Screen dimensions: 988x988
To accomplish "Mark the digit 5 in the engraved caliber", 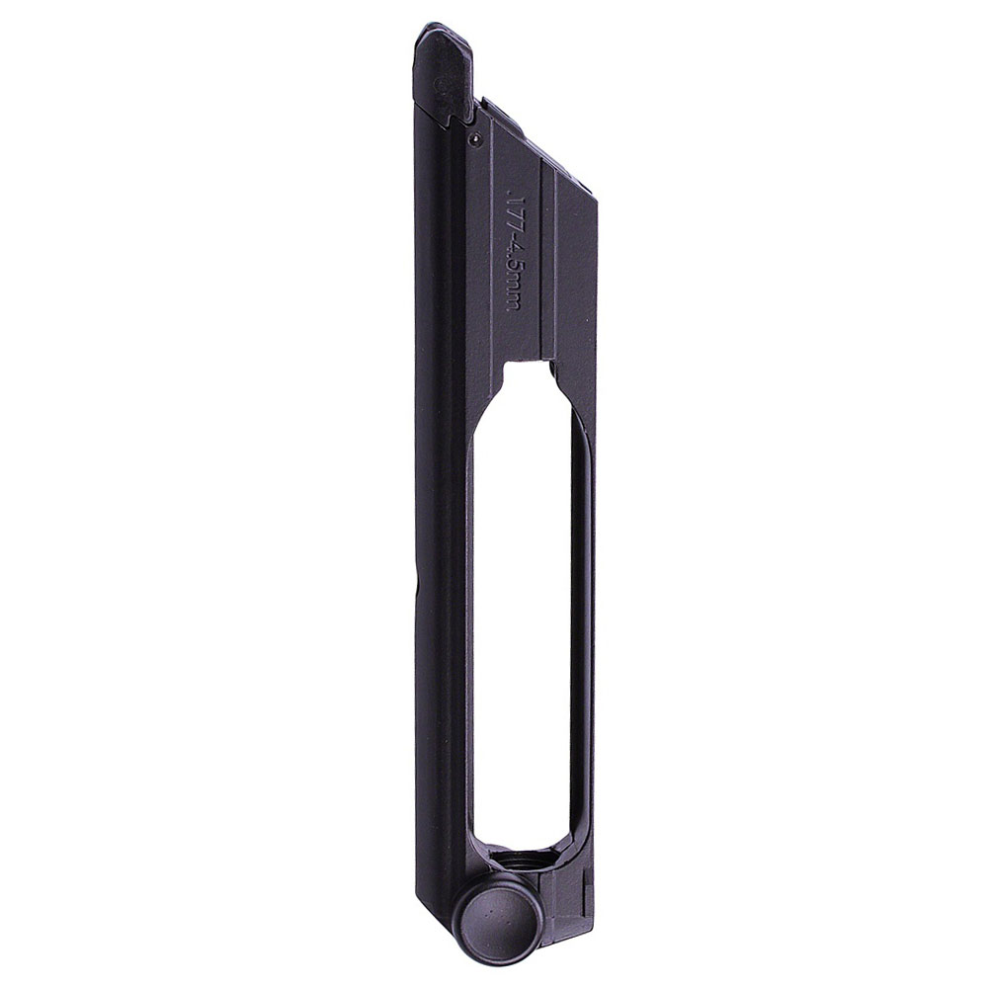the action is pos(512,272).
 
